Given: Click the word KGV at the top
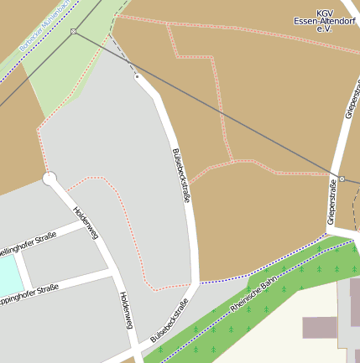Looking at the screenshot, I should click(324, 13).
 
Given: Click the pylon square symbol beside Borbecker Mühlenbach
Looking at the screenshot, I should click(74, 32).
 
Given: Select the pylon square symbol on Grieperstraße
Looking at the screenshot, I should click(342, 179).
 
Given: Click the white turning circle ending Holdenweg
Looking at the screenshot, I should click(50, 179).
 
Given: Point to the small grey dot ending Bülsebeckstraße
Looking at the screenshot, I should click(137, 76).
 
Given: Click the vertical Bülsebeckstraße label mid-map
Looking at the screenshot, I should click(181, 175).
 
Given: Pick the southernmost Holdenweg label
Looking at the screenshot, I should click(127, 310).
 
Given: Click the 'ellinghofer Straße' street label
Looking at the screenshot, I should click(29, 244).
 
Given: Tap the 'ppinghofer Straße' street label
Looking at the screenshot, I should click(29, 294).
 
